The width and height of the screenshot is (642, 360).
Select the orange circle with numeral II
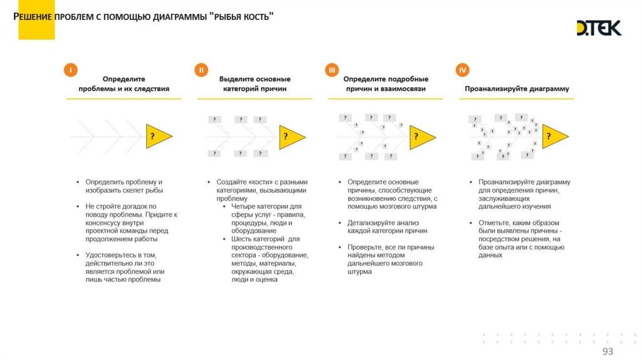pyautogui.click(x=201, y=70)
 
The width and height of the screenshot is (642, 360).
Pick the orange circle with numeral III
pyautogui.click(x=332, y=70)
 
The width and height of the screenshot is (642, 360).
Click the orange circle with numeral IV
pyautogui.click(x=463, y=70)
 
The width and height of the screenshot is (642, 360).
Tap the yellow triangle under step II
pyautogui.click(x=290, y=135)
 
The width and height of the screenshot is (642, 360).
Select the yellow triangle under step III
pyautogui.click(x=421, y=135)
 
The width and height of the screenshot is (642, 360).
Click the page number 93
pyautogui.click(x=608, y=351)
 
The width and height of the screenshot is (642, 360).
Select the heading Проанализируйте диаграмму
pyautogui.click(x=517, y=89)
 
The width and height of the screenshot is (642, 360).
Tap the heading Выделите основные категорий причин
pyautogui.click(x=255, y=84)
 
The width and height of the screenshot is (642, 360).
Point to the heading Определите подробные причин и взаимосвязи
pyautogui.click(x=386, y=84)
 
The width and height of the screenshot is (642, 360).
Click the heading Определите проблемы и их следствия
pyautogui.click(x=124, y=84)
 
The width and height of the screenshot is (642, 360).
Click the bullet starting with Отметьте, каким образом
pyautogui.click(x=518, y=238)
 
